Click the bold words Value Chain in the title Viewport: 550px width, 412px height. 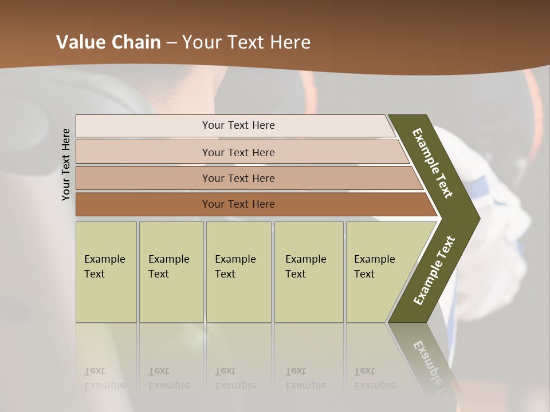[x=108, y=42]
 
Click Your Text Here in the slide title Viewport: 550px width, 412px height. [x=246, y=42]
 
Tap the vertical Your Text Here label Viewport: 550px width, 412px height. [x=66, y=164]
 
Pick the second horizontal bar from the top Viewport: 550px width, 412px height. [x=238, y=152]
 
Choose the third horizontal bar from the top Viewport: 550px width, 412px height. [x=238, y=178]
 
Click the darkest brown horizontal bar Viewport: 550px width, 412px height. [x=238, y=204]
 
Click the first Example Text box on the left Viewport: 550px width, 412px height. [x=106, y=272]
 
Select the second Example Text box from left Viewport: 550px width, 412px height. [x=171, y=272]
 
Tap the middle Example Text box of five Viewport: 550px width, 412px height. [x=238, y=272]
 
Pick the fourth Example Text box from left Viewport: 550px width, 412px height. [x=308, y=272]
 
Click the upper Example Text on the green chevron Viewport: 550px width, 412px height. [x=433, y=163]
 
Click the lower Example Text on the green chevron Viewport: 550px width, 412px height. [x=434, y=271]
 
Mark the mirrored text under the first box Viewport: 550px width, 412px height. [x=104, y=378]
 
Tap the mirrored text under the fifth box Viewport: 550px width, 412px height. [x=374, y=378]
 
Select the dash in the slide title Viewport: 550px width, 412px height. [x=171, y=43]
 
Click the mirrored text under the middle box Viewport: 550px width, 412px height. [x=235, y=378]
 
